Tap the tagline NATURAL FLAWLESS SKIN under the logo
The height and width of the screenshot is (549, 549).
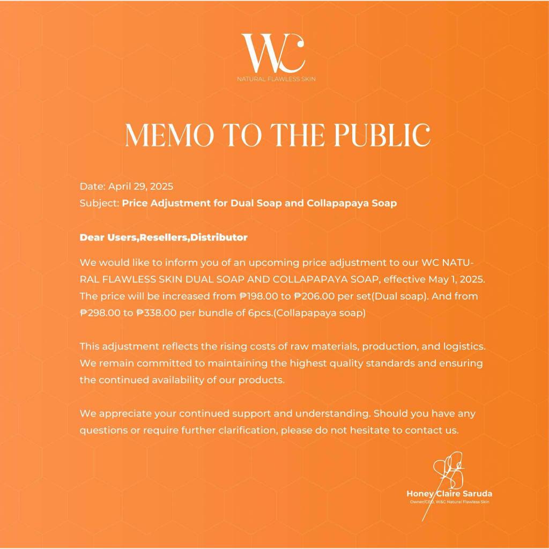[277, 79]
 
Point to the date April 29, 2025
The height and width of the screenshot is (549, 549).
[140, 187]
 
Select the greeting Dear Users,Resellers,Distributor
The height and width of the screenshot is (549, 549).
[164, 237]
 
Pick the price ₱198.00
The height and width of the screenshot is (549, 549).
[261, 296]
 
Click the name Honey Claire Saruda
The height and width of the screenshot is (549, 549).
[449, 494]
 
